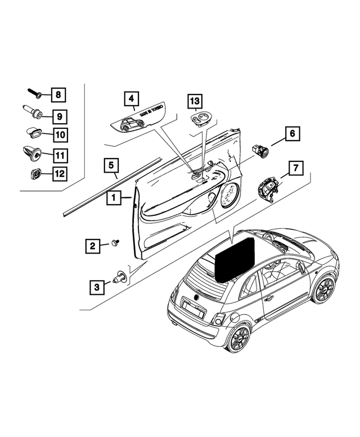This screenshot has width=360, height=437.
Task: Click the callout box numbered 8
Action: point(59,94)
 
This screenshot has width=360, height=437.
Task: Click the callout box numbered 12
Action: point(59,174)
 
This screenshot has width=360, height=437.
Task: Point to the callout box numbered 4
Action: point(131,99)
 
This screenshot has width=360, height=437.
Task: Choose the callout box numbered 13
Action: point(194,101)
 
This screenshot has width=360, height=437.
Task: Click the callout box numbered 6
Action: point(292,134)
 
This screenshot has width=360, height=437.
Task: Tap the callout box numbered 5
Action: point(111,165)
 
